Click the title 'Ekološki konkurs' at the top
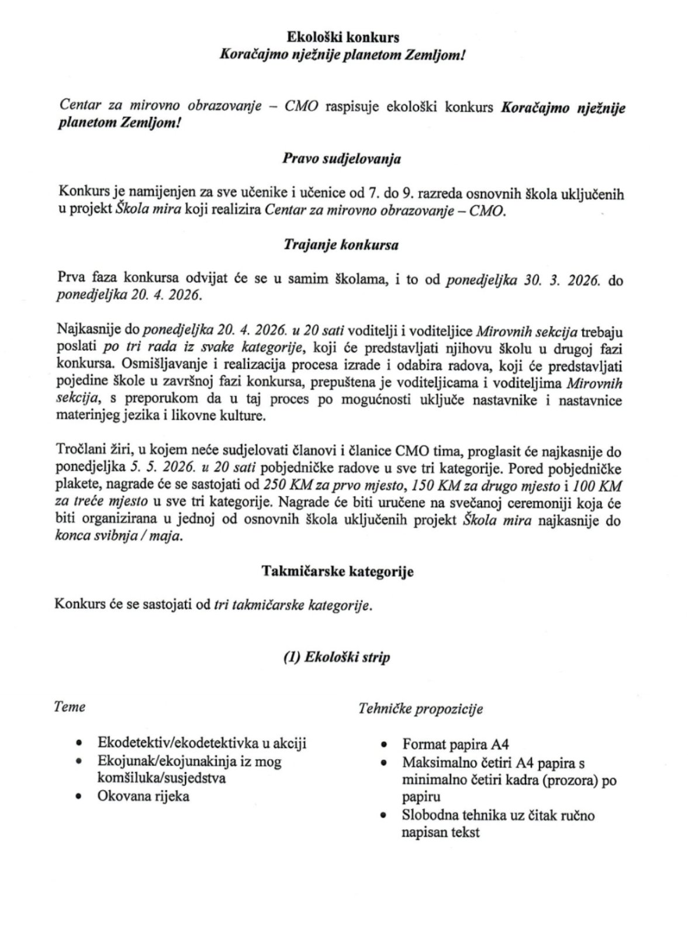coord(343,37)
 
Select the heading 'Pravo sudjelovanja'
coord(342,158)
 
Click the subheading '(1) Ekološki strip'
coord(336,657)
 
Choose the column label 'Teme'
coord(70,707)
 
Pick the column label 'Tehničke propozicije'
coord(421,709)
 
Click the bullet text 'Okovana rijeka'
coord(143,796)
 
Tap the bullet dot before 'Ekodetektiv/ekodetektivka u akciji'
coord(79,744)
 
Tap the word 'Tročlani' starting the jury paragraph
coord(81,451)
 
